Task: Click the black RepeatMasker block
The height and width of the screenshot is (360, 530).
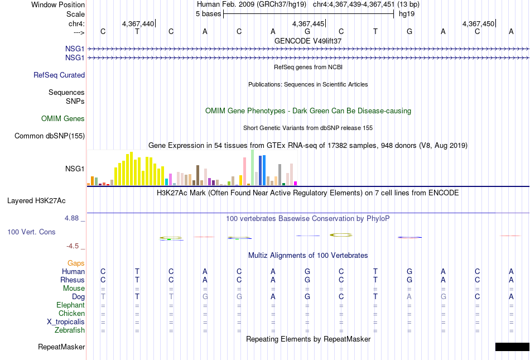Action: click(x=512, y=347)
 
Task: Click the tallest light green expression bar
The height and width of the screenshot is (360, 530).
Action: click(x=253, y=167)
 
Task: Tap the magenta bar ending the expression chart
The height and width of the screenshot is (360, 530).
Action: click(x=295, y=183)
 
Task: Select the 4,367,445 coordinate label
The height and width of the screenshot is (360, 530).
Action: click(x=308, y=23)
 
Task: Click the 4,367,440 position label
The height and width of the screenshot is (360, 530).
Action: click(x=138, y=23)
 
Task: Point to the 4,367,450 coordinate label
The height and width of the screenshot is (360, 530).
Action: click(x=478, y=23)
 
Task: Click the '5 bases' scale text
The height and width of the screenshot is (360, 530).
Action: click(x=208, y=14)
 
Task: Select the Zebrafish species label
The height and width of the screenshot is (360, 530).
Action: click(x=70, y=330)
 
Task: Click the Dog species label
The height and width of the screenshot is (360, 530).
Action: click(x=78, y=297)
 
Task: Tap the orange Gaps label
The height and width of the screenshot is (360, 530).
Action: click(x=76, y=263)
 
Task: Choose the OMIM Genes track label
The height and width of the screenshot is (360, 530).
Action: click(x=63, y=119)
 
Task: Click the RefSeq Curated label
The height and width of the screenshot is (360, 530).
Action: click(x=59, y=75)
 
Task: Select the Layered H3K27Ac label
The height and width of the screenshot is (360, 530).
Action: click(x=36, y=201)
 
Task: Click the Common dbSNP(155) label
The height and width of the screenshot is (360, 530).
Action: click(x=50, y=136)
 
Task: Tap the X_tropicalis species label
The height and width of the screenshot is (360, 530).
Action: click(x=66, y=322)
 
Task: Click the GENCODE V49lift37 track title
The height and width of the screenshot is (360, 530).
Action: click(x=308, y=41)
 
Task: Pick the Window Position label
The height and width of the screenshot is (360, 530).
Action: click(x=58, y=4)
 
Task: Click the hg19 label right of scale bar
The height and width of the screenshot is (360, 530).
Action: click(x=407, y=14)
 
